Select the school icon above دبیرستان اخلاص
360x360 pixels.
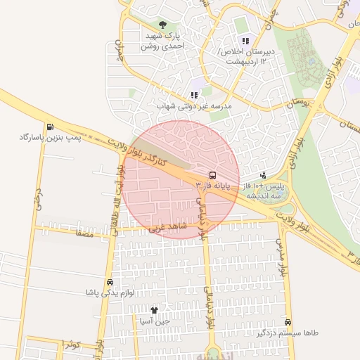click(245, 41)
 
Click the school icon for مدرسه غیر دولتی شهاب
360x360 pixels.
click(194, 95)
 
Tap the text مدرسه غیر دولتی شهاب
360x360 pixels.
click(194, 106)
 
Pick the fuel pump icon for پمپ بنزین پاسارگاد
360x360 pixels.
click(49, 127)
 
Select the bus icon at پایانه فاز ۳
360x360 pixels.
click(212, 174)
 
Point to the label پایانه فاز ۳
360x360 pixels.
click(212, 185)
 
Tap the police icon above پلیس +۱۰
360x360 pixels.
click(263, 175)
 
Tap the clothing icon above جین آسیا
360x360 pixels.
click(154, 310)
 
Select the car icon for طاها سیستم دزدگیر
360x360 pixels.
click(288, 322)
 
